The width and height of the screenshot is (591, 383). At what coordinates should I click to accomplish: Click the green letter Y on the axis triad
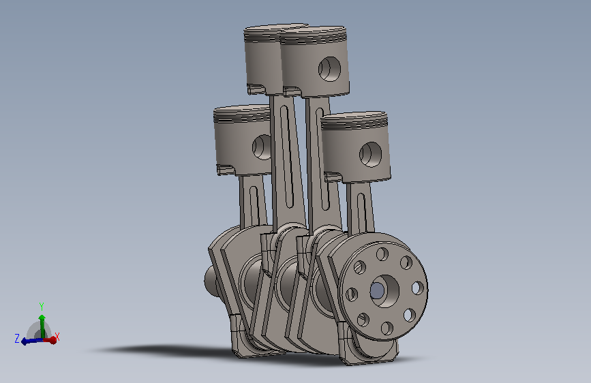[42, 306]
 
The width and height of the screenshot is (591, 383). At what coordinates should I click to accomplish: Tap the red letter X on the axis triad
[57, 337]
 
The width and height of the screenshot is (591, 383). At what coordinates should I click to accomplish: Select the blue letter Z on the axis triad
[17, 338]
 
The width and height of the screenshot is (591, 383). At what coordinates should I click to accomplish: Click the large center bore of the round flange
[384, 290]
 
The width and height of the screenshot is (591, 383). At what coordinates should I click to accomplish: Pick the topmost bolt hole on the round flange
[382, 254]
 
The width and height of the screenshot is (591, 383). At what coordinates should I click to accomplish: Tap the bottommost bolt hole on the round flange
[387, 328]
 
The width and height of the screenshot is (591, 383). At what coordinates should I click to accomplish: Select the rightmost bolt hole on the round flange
[418, 288]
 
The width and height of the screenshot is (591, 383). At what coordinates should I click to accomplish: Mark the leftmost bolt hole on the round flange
[352, 294]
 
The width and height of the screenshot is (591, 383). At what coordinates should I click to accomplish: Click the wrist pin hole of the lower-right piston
[371, 155]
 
